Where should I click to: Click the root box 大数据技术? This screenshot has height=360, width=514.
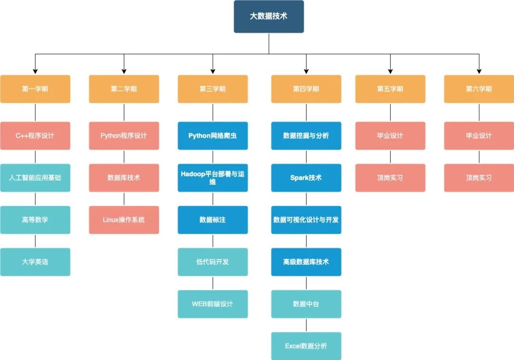point(268,16)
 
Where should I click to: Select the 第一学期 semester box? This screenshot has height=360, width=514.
point(35,89)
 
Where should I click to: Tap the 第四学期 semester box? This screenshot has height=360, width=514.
point(306,89)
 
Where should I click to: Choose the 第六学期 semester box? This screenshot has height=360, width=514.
point(479,89)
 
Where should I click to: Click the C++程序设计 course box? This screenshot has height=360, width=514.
point(35,136)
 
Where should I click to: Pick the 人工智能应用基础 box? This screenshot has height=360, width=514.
point(35,178)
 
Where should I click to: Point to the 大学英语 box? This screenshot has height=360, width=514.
point(35,262)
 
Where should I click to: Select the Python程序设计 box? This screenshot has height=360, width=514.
point(124,136)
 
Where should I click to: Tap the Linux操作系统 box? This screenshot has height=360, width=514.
point(124,220)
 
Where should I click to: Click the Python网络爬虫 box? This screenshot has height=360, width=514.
point(213,136)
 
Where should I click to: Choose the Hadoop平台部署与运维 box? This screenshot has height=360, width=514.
point(213,178)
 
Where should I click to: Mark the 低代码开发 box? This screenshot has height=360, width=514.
point(213,262)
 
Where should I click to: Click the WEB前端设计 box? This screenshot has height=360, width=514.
point(213,304)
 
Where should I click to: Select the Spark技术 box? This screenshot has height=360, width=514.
point(306,178)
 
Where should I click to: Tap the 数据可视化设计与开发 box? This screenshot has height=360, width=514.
point(306,220)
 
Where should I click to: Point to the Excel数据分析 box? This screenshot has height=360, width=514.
point(306,346)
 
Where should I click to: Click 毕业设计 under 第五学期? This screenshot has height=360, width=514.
point(390,136)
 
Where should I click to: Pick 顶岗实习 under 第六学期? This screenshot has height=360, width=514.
point(479,178)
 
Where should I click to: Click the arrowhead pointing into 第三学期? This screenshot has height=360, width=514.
point(213,71)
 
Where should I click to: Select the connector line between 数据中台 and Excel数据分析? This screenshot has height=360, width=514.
point(306,325)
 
